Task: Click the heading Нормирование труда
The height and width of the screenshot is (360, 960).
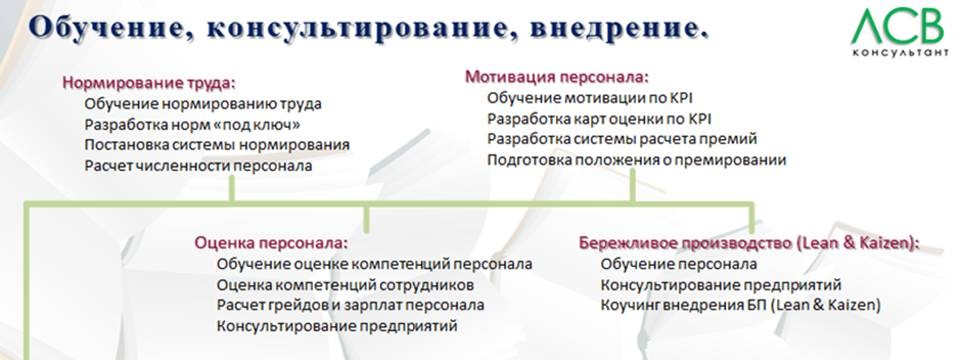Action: click(x=155, y=83)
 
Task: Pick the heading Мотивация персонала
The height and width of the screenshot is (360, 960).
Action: click(x=557, y=76)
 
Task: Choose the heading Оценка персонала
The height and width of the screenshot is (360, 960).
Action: click(x=271, y=242)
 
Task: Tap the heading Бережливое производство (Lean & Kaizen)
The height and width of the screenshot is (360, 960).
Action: click(x=749, y=242)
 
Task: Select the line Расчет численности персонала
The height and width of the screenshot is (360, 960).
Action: click(x=198, y=166)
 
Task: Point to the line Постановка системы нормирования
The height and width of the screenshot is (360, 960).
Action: click(x=217, y=145)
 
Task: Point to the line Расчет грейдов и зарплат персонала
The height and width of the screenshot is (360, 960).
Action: click(x=350, y=305)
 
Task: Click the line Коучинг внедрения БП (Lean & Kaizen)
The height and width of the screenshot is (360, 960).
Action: click(x=740, y=305)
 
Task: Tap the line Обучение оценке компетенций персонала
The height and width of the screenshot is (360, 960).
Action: click(x=374, y=263)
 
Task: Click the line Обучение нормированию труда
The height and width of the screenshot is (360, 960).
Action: click(x=204, y=103)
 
